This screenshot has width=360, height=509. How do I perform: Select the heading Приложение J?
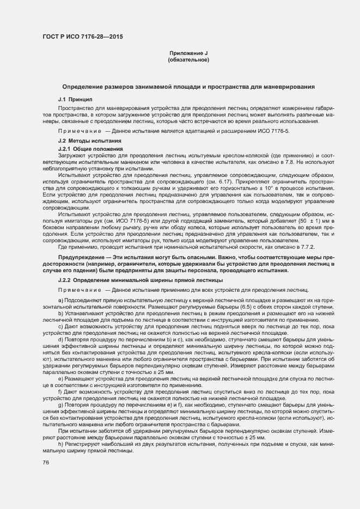point(189,53)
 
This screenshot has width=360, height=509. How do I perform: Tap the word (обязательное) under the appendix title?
point(189,59)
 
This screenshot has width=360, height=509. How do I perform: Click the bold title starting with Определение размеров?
point(188,87)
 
